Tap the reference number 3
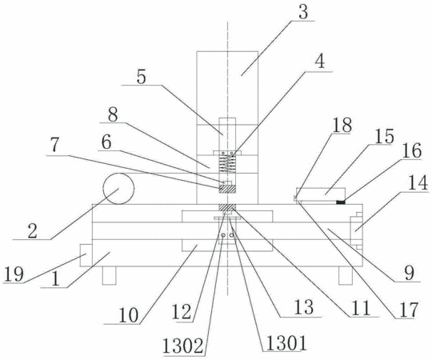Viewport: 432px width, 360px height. click(x=303, y=12)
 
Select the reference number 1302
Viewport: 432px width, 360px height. click(x=183, y=346)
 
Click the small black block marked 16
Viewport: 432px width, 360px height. click(x=341, y=202)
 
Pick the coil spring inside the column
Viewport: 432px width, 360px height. click(x=227, y=164)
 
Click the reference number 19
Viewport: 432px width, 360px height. click(x=14, y=274)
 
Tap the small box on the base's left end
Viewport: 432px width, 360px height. click(x=86, y=255)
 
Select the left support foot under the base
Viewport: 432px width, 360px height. click(x=109, y=275)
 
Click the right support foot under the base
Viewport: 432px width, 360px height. click(x=346, y=275)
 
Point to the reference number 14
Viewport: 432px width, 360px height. click(x=418, y=183)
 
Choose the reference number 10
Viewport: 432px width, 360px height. click(x=128, y=315)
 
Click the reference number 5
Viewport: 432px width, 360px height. click(x=142, y=78)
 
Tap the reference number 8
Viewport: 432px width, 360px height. click(x=113, y=114)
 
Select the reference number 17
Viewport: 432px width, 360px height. click(x=409, y=310)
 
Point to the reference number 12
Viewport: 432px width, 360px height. click(x=182, y=313)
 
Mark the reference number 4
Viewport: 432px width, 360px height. click(x=319, y=62)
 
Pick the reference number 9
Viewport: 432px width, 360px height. click(x=410, y=274)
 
